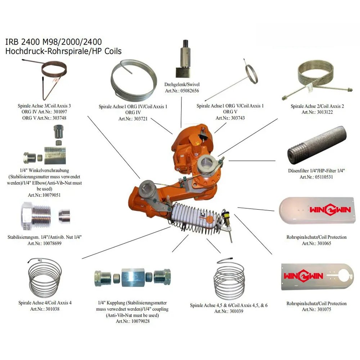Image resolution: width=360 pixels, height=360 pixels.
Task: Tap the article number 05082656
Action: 190,91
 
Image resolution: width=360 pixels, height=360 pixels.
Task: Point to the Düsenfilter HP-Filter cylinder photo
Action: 317,145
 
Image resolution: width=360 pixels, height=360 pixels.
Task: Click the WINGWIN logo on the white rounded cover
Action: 330,210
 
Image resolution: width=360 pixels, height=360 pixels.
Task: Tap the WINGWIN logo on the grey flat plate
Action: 303,276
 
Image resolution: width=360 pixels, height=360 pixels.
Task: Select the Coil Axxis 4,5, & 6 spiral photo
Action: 229,279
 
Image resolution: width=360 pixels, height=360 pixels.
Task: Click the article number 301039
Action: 235,311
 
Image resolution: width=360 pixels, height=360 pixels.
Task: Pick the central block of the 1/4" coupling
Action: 133,277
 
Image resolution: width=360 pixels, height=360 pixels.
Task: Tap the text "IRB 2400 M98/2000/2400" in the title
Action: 54,42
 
